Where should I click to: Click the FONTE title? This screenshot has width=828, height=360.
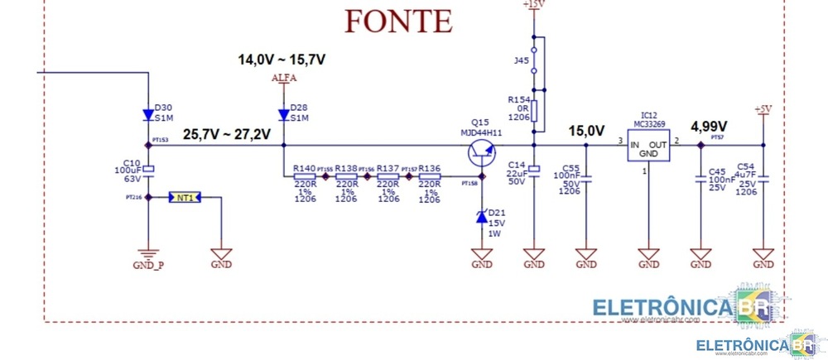click(398, 20)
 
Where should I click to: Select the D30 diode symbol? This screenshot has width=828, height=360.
click(147, 116)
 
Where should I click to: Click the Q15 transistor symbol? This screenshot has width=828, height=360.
click(481, 152)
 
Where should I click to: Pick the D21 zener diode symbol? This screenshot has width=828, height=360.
click(481, 218)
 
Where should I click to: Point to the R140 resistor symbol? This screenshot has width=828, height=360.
click(304, 176)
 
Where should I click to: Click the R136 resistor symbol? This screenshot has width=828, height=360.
click(429, 176)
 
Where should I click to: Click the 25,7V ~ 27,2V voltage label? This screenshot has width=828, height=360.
click(226, 134)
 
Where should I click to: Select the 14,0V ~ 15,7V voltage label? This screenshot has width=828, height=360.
click(282, 60)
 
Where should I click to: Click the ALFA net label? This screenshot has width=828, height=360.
click(284, 79)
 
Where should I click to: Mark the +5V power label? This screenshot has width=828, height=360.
click(763, 109)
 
